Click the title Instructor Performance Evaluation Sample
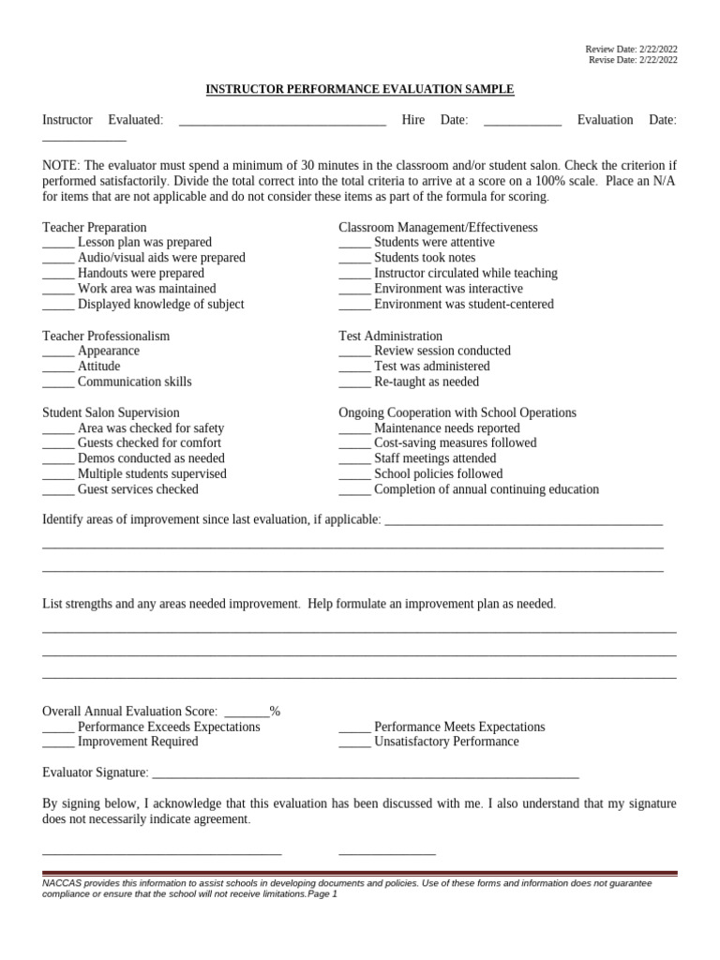tap(360, 89)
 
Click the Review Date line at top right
tap(631, 48)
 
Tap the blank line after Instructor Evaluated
tap(281, 121)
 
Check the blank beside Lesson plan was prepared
tap(58, 244)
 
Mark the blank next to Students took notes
tap(354, 259)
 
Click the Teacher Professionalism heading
tap(106, 336)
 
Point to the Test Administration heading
tap(390, 336)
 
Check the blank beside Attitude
tap(58, 367)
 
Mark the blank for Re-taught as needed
tap(354, 383)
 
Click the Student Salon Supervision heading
tap(111, 412)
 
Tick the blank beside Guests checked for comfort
tap(58, 444)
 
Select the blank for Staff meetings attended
tap(354, 460)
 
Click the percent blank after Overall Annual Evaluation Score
tap(247, 712)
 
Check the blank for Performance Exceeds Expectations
tap(58, 728)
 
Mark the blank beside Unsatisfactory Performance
tap(354, 743)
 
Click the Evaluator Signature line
tap(365, 774)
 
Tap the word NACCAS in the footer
tap(63, 883)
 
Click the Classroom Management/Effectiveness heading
tap(438, 228)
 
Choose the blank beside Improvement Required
tap(58, 743)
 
